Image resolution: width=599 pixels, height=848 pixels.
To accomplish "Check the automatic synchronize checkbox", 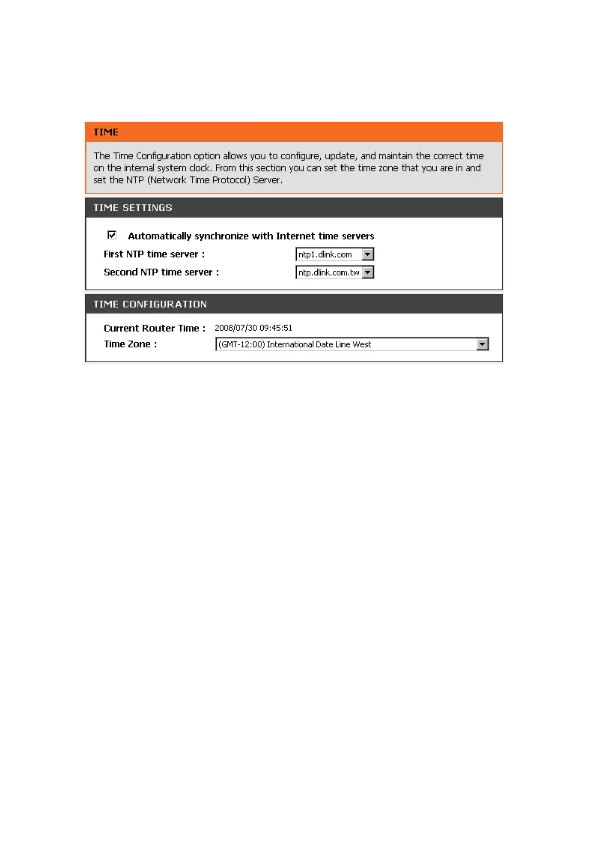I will [112, 235].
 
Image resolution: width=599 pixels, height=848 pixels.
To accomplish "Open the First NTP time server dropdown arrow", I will [368, 254].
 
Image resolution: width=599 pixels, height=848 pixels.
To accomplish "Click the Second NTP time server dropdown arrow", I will [368, 272].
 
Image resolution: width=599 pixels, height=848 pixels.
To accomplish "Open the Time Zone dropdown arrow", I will [482, 344].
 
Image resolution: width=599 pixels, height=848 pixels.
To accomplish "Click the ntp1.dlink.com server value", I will [325, 254].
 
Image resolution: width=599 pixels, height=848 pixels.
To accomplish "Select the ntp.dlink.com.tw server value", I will [328, 272].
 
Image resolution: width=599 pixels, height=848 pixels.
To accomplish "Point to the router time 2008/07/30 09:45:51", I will [253, 328].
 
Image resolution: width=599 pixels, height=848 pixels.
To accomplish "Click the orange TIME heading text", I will [106, 132].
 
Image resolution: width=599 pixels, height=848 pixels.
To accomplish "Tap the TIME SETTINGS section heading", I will [132, 208].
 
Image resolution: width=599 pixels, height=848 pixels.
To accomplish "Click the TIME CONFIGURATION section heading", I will [150, 304].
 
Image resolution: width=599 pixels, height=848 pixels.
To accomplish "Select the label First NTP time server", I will [154, 254].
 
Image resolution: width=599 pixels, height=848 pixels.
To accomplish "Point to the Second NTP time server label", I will [161, 272].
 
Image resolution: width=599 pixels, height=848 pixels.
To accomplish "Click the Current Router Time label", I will [154, 328].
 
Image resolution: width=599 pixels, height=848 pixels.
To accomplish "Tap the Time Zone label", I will [130, 344].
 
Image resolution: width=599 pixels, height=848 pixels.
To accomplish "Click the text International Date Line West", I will [319, 344].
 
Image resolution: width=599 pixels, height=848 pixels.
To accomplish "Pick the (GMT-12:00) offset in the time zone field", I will [241, 344].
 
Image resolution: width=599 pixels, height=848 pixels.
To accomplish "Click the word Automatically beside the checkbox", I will [159, 236].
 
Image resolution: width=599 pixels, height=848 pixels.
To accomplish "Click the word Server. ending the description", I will [268, 180].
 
